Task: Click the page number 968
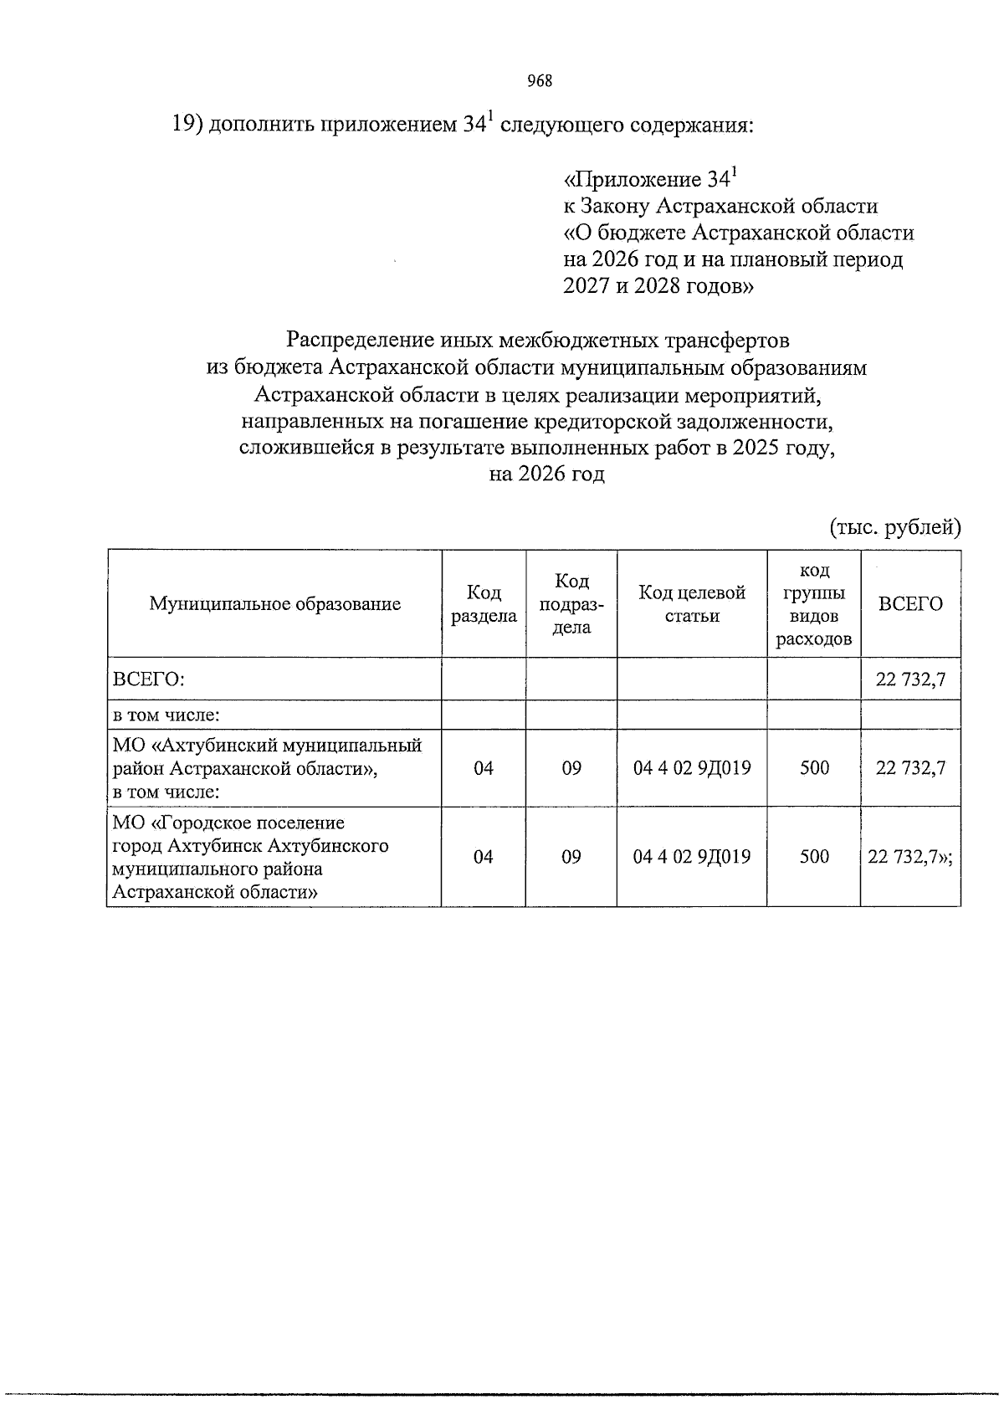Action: pyautogui.click(x=540, y=81)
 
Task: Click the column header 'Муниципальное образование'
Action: pyautogui.click(x=274, y=604)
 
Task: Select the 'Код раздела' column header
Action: pyautogui.click(x=484, y=604)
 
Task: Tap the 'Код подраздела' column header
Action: pyautogui.click(x=571, y=604)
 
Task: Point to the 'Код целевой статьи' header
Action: pyautogui.click(x=692, y=604)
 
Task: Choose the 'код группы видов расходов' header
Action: pyautogui.click(x=813, y=604)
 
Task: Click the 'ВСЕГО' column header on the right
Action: pyautogui.click(x=910, y=604)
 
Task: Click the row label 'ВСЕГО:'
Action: pyautogui.click(x=149, y=679)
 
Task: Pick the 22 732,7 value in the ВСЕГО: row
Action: pyautogui.click(x=910, y=679)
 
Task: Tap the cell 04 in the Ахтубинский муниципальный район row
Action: pyautogui.click(x=484, y=768)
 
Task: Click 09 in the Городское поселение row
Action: pyautogui.click(x=571, y=857)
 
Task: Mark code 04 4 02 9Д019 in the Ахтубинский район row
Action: pyautogui.click(x=692, y=768)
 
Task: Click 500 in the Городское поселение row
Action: pyautogui.click(x=813, y=857)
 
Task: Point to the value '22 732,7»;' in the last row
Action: pyautogui.click(x=910, y=857)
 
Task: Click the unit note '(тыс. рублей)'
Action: pyautogui.click(x=894, y=527)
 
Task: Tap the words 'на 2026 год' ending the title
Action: pyautogui.click(x=546, y=474)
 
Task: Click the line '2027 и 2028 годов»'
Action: pyautogui.click(x=658, y=286)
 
